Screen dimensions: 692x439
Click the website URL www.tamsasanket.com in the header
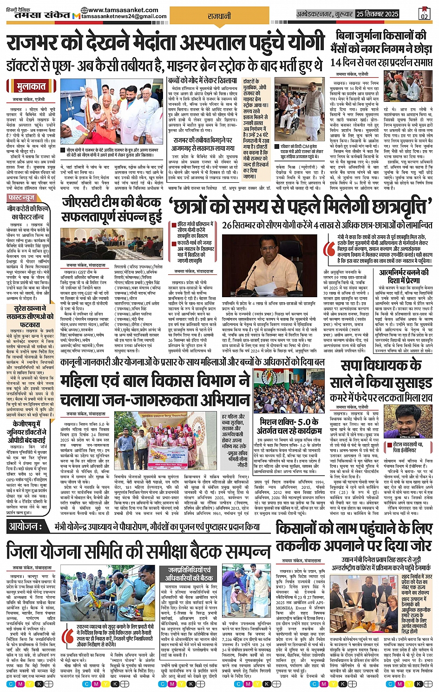[123, 10]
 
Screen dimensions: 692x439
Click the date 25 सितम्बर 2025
[377, 14]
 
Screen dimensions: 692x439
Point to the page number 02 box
[424, 14]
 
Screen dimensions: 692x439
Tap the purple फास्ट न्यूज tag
[21, 198]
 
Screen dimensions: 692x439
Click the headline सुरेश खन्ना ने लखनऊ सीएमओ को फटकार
[30, 316]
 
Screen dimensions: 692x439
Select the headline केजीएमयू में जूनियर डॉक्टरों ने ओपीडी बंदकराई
[29, 432]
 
